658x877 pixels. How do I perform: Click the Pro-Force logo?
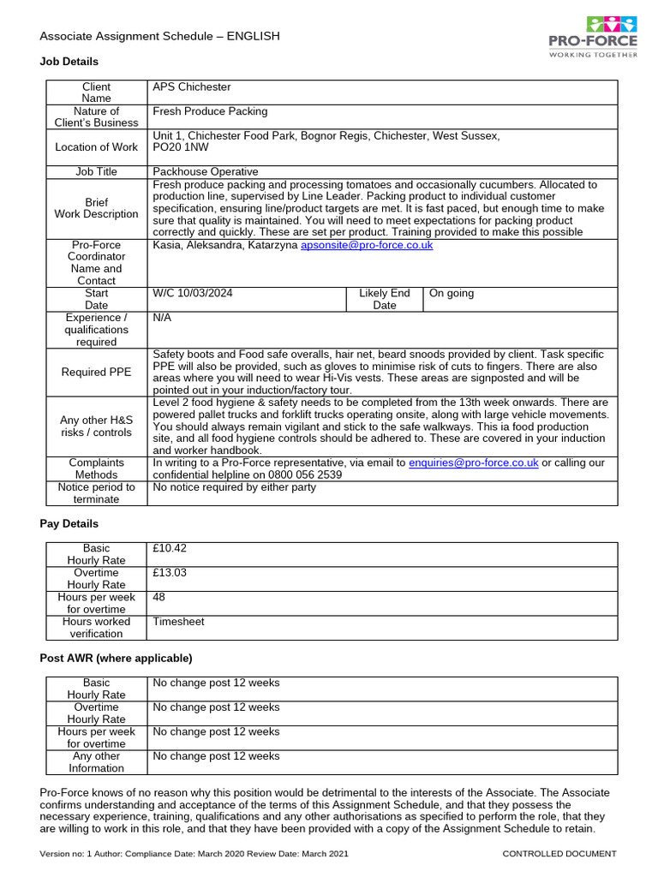click(x=592, y=37)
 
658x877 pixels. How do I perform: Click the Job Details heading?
click(x=69, y=62)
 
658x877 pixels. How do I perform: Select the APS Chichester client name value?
click(x=191, y=87)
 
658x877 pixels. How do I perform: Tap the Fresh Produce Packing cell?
click(x=210, y=111)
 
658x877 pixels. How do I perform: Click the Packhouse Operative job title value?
click(x=205, y=172)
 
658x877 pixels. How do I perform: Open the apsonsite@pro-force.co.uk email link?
click(x=367, y=245)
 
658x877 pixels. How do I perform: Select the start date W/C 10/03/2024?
click(x=192, y=294)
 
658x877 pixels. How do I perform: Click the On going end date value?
click(x=451, y=294)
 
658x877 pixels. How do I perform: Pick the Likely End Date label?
click(x=385, y=299)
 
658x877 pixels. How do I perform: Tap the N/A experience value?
click(x=162, y=318)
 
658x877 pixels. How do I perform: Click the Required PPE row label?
click(x=96, y=372)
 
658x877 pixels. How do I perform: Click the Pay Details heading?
click(x=69, y=523)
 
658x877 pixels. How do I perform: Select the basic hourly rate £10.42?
click(x=169, y=548)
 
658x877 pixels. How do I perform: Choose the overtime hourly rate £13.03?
click(x=169, y=573)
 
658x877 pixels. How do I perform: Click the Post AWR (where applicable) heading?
click(x=117, y=658)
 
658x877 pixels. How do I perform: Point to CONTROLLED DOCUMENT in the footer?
click(x=559, y=854)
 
